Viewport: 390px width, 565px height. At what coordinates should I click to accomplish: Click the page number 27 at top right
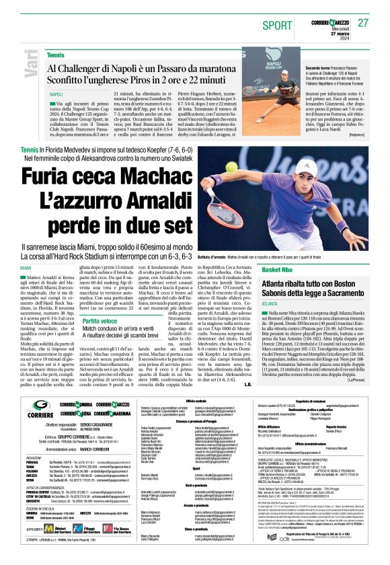coord(364,22)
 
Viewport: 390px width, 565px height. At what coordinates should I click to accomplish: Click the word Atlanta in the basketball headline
coord(282,285)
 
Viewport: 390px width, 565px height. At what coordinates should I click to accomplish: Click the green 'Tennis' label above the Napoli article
coord(56,54)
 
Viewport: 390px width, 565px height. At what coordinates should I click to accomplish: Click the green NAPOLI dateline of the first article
coord(56,94)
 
